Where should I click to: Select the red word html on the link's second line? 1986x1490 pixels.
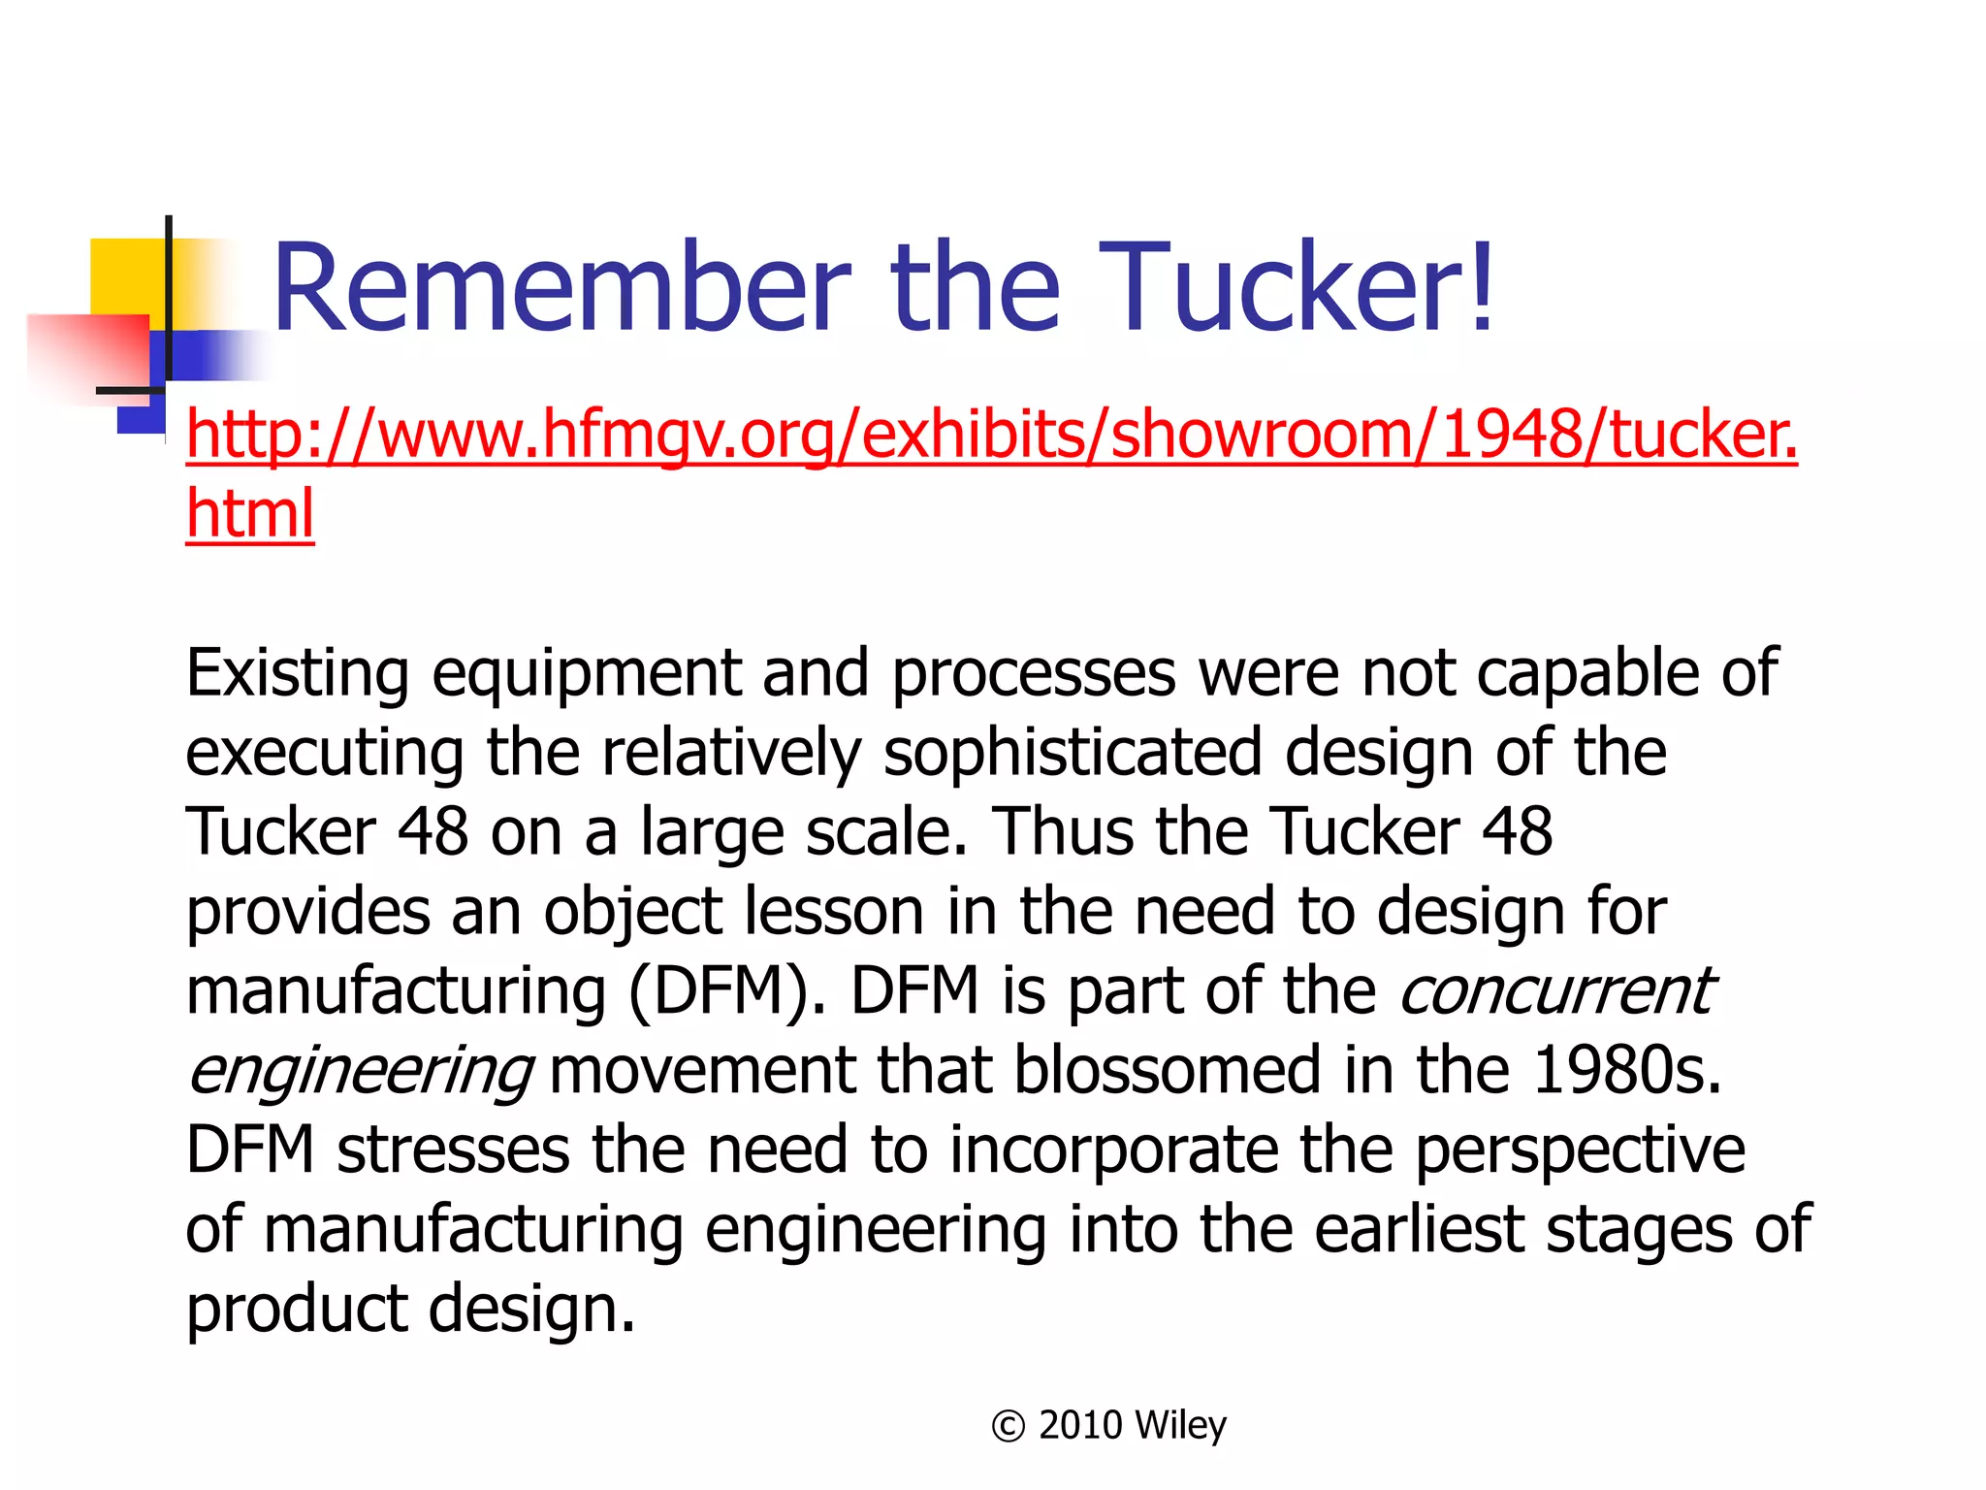pos(250,513)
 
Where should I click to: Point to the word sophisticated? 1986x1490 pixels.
pos(1072,752)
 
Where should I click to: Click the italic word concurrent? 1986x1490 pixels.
pos(1555,990)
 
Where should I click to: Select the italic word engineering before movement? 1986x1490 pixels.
pos(359,1071)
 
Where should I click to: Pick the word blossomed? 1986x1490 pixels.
pos(1167,1070)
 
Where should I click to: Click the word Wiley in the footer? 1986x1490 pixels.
pos(1179,1425)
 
